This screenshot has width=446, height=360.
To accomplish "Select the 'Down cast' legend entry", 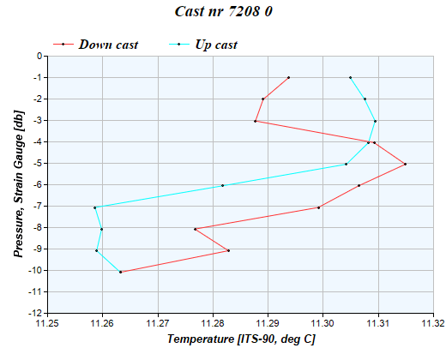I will pyautogui.click(x=108, y=45).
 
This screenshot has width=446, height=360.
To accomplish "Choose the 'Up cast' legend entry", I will pyautogui.click(x=216, y=45).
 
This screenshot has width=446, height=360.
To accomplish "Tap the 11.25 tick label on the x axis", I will pyautogui.click(x=47, y=325).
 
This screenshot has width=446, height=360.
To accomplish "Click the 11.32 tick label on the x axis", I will pyautogui.click(x=433, y=325).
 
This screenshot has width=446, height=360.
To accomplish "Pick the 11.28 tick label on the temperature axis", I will pyautogui.click(x=213, y=325).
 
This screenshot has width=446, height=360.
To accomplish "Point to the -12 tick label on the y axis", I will pyautogui.click(x=36, y=314).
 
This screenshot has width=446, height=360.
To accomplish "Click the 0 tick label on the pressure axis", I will pyautogui.click(x=39, y=57).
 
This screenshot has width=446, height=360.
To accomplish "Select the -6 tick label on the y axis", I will pyautogui.click(x=38, y=185).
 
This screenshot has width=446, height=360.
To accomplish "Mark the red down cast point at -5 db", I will pyautogui.click(x=405, y=164).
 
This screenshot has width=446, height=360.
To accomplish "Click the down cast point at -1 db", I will pyautogui.click(x=289, y=78).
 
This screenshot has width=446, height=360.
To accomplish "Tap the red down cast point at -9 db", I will pyautogui.click(x=228, y=250).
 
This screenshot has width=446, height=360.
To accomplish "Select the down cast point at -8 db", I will pyautogui.click(x=196, y=229).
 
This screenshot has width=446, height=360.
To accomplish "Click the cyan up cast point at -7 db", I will pyautogui.click(x=95, y=207).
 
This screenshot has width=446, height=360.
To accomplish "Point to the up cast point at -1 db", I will pyautogui.click(x=350, y=78).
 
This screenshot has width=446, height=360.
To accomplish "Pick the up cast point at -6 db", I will pyautogui.click(x=222, y=185).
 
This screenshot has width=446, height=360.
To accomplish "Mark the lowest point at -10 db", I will pyautogui.click(x=120, y=272).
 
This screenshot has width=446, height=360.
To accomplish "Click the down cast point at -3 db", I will pyautogui.click(x=256, y=121).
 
